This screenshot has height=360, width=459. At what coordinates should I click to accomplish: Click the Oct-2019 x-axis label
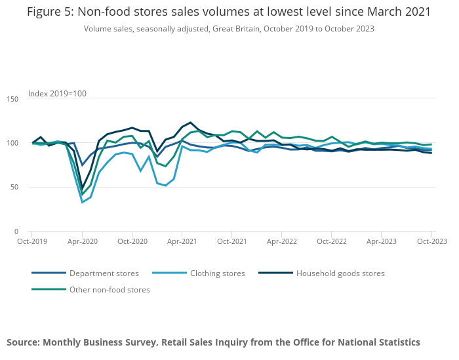click(31, 241)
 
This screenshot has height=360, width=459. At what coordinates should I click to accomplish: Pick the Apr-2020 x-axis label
click(82, 241)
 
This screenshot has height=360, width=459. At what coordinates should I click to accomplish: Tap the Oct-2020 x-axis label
click(132, 241)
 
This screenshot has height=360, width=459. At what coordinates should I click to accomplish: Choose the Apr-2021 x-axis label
click(182, 241)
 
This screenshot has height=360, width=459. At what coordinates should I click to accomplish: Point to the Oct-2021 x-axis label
click(231, 241)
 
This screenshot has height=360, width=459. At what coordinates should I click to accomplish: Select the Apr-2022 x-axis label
click(281, 241)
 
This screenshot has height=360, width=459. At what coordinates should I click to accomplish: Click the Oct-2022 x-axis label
click(332, 241)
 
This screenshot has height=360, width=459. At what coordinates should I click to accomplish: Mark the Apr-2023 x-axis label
click(382, 241)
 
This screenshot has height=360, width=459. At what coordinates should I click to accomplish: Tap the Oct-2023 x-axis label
click(431, 241)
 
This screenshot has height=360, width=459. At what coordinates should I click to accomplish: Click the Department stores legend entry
click(104, 273)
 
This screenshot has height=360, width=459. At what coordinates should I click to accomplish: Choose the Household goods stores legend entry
click(340, 273)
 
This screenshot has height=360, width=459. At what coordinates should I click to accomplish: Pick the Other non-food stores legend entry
click(110, 290)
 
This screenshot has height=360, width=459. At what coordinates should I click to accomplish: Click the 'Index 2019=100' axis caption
click(57, 94)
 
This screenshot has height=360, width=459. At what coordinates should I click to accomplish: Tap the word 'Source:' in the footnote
click(24, 342)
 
